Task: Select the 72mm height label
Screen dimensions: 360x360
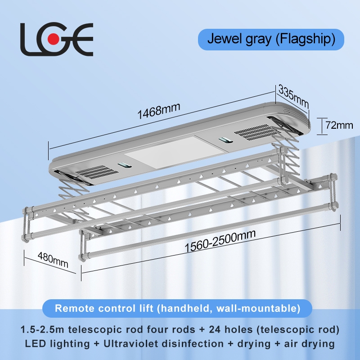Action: tap(339, 126)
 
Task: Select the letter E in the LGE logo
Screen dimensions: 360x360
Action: tap(81, 40)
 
